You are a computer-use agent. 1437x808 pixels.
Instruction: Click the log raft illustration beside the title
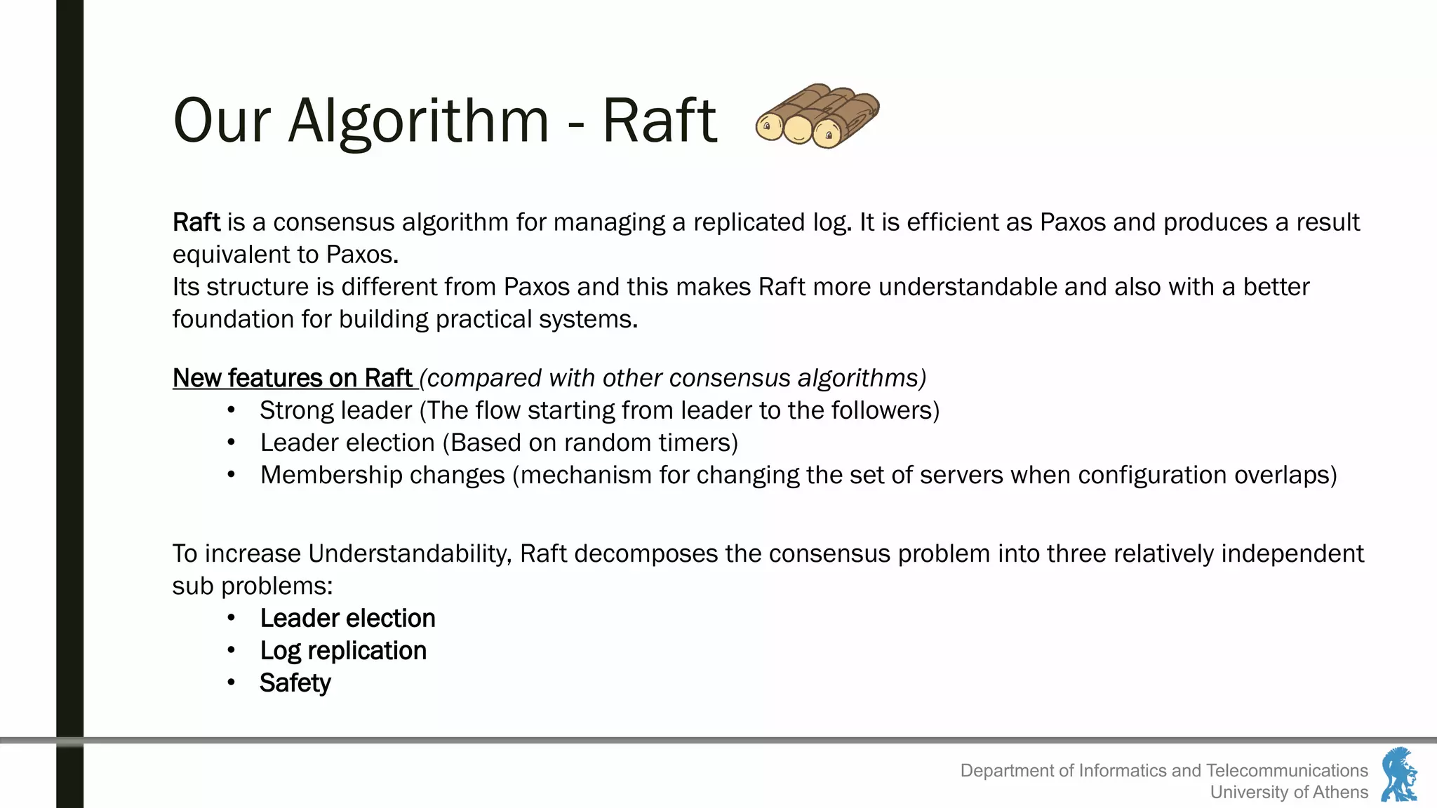tap(817, 116)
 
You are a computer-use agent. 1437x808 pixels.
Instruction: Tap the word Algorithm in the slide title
tap(418, 121)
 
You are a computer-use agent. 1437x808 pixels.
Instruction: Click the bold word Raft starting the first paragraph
tap(196, 222)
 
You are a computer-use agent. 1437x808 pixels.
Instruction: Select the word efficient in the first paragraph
tap(968, 222)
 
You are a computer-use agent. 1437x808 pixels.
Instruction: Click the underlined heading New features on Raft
tap(293, 378)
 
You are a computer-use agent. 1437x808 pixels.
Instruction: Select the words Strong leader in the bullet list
tap(335, 410)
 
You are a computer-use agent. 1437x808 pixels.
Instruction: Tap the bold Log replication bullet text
tap(343, 651)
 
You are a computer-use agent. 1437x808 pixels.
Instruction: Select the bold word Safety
tap(295, 683)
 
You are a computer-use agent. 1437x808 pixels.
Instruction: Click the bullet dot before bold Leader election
tap(231, 618)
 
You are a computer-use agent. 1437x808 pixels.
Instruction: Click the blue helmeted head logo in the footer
tap(1399, 774)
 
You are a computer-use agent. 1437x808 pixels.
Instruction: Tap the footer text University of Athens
tap(1289, 792)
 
